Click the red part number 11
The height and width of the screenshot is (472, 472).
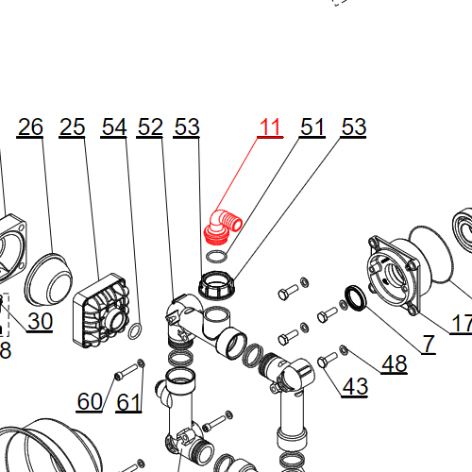[270, 126]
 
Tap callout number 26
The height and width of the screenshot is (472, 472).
[30, 126]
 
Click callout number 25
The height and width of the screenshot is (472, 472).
[72, 126]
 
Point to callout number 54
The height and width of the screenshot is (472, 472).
[114, 126]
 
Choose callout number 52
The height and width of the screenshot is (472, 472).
[150, 126]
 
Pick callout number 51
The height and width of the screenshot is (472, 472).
[312, 126]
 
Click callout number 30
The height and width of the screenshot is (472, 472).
[40, 321]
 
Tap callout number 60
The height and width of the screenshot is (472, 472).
[90, 401]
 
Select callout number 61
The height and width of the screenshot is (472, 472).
[128, 402]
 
